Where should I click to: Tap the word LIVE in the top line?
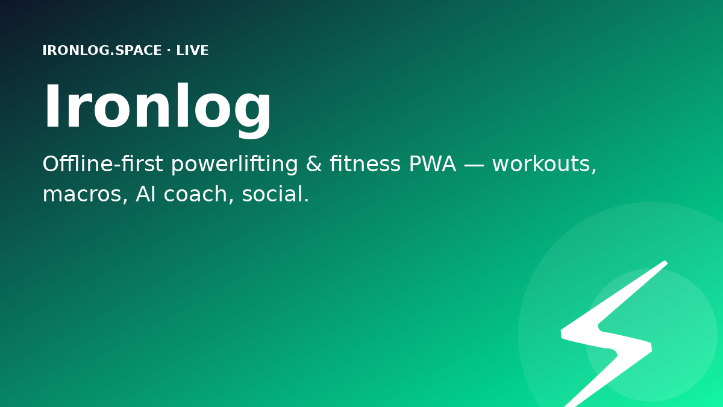click(192, 51)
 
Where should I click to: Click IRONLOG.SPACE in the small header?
click(102, 51)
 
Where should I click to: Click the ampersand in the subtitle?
click(314, 164)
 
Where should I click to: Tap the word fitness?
click(365, 164)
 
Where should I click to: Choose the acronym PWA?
click(433, 164)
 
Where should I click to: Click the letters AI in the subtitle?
click(146, 194)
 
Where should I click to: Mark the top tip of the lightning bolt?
click(666, 262)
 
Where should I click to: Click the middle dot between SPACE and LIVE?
click(169, 51)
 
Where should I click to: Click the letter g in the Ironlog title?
click(252, 115)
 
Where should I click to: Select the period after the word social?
click(306, 200)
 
